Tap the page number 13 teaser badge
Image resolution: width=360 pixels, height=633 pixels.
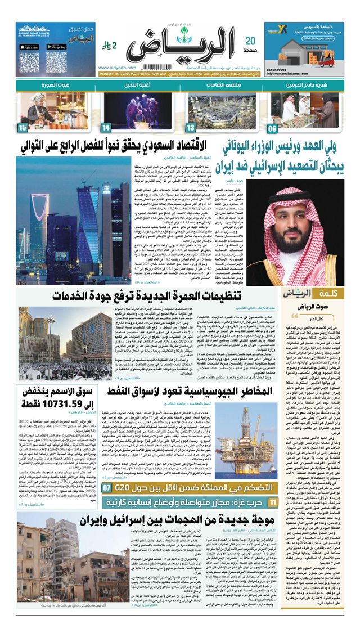click(191, 128)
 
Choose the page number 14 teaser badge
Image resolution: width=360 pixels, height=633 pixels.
click(106, 128)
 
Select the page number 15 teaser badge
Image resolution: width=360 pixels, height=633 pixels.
click(23, 128)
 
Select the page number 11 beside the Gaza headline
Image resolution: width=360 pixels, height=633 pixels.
click(272, 486)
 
